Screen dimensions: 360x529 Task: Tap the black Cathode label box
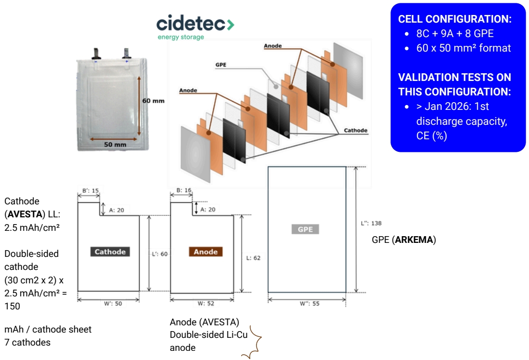coord(110,252)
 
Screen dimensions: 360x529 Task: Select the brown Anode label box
coord(206,252)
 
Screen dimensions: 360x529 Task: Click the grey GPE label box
coord(305,229)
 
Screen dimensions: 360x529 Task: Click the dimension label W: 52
coord(206,304)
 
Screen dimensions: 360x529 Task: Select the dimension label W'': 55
coord(309,304)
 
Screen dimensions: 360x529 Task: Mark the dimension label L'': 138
coord(371,223)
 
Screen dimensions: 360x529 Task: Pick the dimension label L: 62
coord(253,258)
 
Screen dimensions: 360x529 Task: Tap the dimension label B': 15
coord(89,191)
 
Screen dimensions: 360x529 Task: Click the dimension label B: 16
coord(182,191)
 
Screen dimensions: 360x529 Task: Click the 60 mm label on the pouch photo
coord(153,101)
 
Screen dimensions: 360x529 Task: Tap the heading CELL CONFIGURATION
coord(455,19)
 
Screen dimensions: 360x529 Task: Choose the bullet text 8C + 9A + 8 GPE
coord(455,34)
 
